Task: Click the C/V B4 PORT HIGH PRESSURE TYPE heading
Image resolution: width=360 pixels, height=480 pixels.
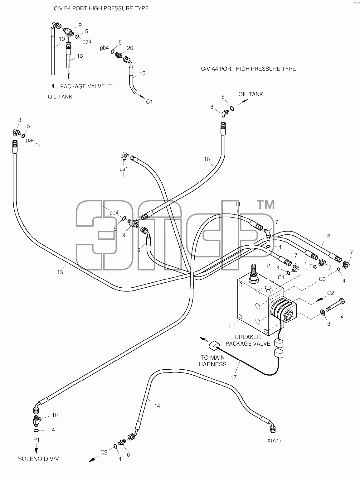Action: [101, 8]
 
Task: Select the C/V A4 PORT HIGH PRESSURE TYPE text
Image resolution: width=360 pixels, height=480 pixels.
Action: [248, 69]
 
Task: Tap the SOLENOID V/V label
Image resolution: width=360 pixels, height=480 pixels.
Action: [38, 459]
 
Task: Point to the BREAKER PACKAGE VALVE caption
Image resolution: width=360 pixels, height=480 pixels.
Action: [248, 340]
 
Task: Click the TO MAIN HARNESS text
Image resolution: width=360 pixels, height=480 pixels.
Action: [212, 361]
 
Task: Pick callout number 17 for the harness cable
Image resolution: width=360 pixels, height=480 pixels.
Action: [234, 377]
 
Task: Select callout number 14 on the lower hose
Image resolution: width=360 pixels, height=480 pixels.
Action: [157, 406]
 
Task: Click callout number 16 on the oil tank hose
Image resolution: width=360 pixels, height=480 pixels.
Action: [207, 159]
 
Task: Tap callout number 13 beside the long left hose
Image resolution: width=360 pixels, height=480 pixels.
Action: [60, 272]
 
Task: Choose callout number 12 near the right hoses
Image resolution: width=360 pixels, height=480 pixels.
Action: [327, 236]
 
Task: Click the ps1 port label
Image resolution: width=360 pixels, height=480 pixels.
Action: [124, 169]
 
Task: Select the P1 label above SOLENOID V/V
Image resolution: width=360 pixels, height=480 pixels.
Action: [36, 440]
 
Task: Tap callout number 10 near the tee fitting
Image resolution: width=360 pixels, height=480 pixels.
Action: [55, 415]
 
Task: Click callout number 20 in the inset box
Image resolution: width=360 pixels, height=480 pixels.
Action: [130, 48]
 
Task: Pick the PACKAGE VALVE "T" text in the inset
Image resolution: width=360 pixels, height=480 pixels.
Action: [87, 86]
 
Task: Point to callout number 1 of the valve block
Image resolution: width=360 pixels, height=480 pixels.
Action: [230, 326]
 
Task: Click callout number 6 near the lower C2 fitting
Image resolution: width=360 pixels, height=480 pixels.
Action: [128, 455]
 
